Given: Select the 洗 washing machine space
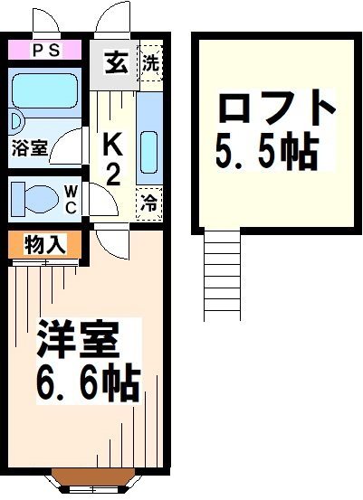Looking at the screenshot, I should click(x=150, y=64).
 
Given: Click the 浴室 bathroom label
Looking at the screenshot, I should click(x=30, y=148).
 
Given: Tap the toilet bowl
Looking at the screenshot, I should click(x=37, y=197).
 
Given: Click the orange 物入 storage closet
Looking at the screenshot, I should click(x=46, y=244).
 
